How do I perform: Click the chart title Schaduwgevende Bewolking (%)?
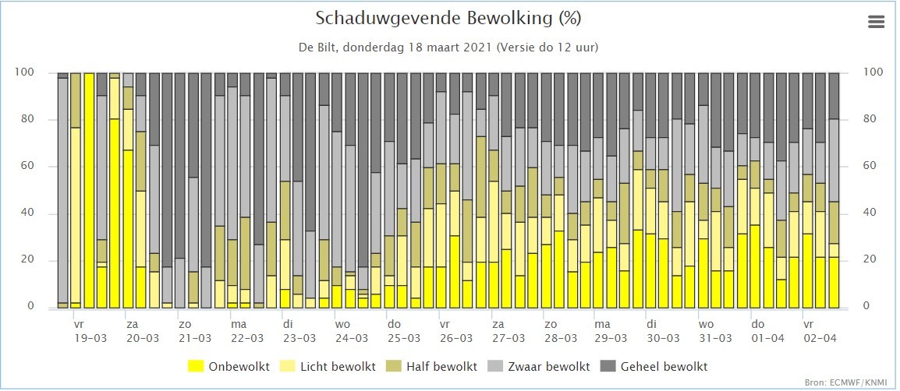448,19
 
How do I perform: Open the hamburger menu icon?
876,22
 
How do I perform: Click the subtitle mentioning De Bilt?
448,47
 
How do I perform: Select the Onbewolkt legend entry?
229,366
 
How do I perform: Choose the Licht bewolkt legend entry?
328,366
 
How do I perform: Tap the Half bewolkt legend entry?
431,366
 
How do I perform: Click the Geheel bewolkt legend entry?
654,366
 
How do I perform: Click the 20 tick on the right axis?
870,260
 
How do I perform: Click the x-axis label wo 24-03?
351,331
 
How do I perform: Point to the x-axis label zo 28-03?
560,331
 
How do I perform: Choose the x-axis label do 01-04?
768,331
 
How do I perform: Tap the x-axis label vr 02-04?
820,331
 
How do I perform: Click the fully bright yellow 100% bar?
89,190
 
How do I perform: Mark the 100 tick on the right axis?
872,72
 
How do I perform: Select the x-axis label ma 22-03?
246,331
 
